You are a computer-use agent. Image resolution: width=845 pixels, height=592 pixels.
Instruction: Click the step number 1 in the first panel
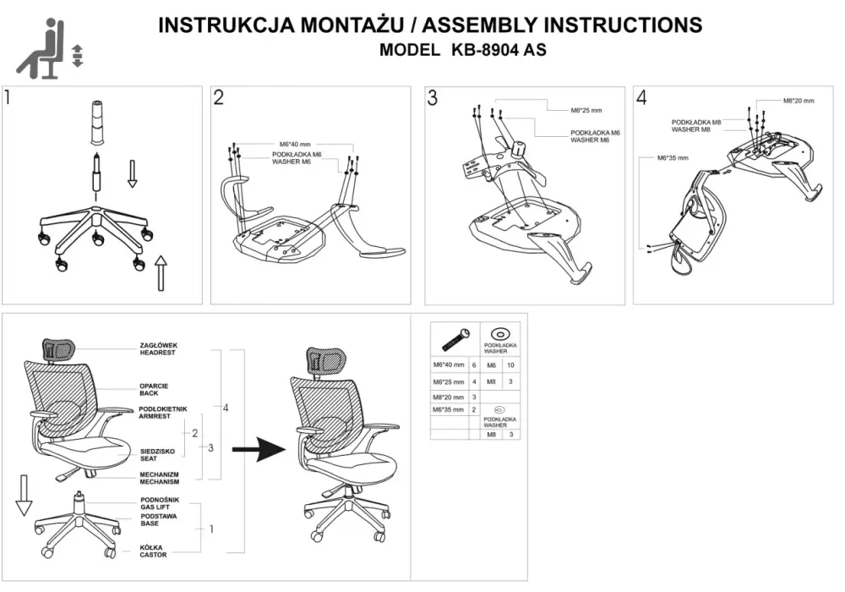coord(7,97)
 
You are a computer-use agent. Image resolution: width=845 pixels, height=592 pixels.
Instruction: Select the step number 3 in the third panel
coord(432,98)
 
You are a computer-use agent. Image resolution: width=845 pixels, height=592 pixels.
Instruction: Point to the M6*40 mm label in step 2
coord(295,144)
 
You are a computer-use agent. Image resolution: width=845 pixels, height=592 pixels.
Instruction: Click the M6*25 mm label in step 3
coord(586,111)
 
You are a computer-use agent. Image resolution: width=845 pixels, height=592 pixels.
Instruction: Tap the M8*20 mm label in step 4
coord(799,101)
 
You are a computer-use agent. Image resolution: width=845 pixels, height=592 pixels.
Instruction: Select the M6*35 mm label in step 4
coord(673,158)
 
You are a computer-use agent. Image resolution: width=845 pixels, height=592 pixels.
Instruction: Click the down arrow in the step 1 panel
coord(132,173)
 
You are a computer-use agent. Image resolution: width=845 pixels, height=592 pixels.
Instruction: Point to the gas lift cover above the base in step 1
coord(97,123)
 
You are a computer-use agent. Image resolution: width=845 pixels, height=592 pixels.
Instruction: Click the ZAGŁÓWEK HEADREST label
coord(159,348)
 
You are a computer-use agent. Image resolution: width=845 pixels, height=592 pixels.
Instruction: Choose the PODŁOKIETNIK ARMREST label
coord(163,413)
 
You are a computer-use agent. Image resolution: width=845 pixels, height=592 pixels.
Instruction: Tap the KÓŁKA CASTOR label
coord(153,551)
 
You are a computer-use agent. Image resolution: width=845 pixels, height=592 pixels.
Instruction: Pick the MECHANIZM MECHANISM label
coord(160,478)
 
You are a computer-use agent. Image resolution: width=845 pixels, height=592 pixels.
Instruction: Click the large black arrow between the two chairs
coord(259,448)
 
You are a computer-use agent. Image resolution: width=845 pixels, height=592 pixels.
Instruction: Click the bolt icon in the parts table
coord(455,338)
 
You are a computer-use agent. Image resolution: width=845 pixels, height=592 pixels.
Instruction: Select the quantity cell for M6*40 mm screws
coord(474,365)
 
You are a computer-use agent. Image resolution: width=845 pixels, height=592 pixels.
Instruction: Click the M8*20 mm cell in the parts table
coord(449,397)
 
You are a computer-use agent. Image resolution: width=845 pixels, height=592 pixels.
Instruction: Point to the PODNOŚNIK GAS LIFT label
coord(160,503)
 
